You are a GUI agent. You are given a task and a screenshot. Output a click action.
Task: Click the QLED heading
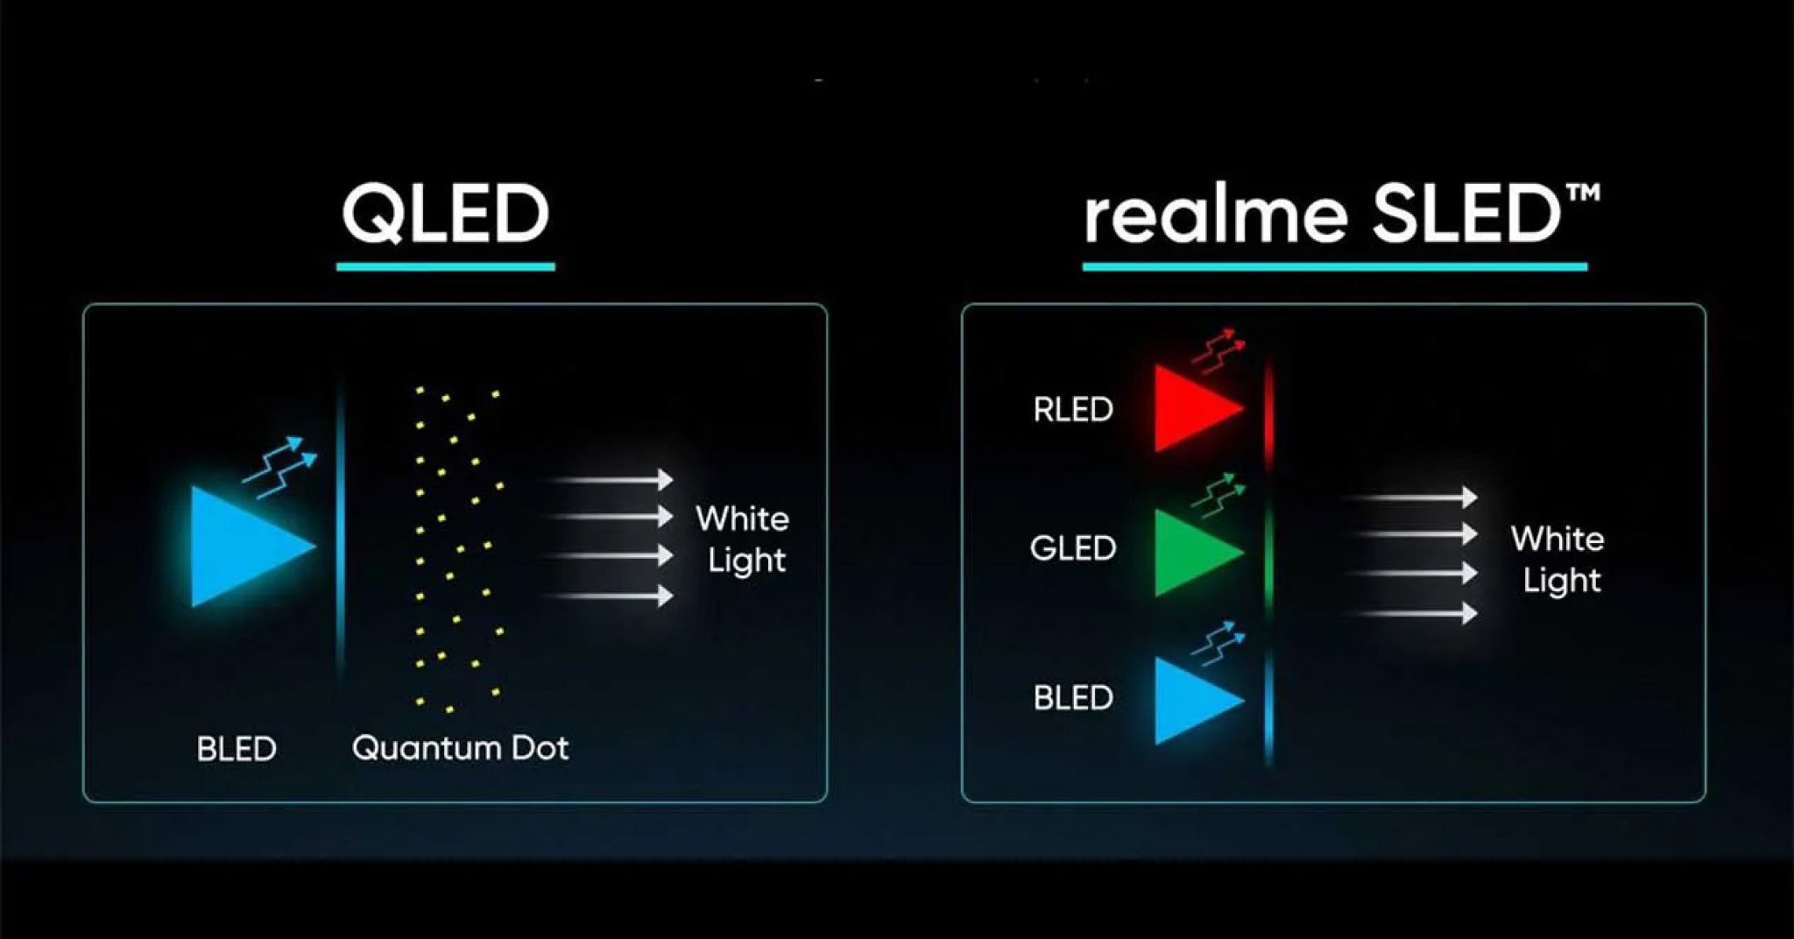pyautogui.click(x=445, y=214)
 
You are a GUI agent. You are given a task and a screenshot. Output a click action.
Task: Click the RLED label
pyautogui.click(x=1073, y=409)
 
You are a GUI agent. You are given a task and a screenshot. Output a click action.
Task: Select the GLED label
pyautogui.click(x=1073, y=548)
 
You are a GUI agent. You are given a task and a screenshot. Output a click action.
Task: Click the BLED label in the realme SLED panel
pyautogui.click(x=1073, y=698)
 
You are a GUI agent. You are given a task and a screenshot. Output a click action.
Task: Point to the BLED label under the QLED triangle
pyautogui.click(x=237, y=749)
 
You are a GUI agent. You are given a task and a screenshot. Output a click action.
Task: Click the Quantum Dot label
pyautogui.click(x=460, y=748)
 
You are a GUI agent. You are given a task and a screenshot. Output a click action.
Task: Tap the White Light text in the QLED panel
pyautogui.click(x=743, y=540)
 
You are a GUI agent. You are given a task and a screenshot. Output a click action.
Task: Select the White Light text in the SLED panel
pyautogui.click(x=1557, y=560)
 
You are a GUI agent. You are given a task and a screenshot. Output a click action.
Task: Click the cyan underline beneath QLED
pyautogui.click(x=446, y=266)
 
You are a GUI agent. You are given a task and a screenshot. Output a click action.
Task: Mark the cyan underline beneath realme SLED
pyautogui.click(x=1335, y=266)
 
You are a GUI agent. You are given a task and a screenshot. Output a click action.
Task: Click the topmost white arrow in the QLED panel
pyautogui.click(x=608, y=479)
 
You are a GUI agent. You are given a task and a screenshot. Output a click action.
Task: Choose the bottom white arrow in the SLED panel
pyautogui.click(x=1412, y=613)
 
